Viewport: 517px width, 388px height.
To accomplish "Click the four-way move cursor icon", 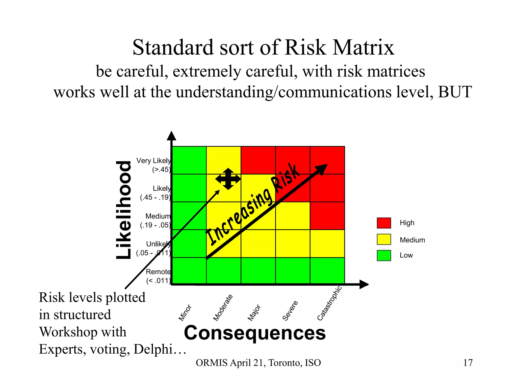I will (228, 179).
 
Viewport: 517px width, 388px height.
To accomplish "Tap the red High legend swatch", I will (384, 223).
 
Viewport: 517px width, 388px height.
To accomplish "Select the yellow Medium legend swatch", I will (384, 239).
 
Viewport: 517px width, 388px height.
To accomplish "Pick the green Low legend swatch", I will (384, 255).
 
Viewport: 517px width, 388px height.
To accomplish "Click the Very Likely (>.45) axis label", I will (154, 165).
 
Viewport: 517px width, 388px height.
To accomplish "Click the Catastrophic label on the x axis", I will (329, 303).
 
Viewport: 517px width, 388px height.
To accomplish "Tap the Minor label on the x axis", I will (185, 313).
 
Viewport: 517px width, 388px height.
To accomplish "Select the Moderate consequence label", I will (223, 308).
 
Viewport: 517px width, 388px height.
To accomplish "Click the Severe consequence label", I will (290, 311).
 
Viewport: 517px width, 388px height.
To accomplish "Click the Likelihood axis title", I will (124, 210).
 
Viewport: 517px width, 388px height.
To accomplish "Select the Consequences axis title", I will (255, 333).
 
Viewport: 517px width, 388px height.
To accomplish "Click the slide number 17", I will (468, 363).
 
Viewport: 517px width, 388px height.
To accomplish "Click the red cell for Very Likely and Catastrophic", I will (327, 160).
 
